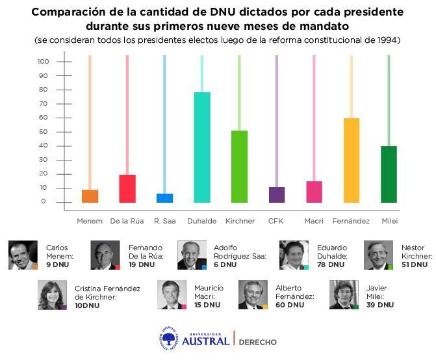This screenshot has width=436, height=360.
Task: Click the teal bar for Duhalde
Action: point(202,148)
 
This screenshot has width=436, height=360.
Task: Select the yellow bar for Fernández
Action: point(352,161)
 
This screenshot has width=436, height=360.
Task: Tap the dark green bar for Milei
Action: point(389,174)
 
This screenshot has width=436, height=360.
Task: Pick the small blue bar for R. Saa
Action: point(165,198)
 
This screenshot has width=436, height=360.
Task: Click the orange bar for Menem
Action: point(90,196)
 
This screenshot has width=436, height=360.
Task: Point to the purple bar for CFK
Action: point(277,195)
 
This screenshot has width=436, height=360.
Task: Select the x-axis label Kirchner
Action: point(240,221)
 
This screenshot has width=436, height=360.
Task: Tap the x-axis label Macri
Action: point(314,221)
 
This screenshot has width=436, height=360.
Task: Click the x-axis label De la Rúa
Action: point(127,221)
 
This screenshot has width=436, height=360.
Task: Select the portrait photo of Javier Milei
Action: point(344,294)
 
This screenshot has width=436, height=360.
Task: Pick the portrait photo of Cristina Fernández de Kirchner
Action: point(52,295)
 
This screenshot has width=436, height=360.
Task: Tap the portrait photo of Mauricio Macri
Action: point(172,294)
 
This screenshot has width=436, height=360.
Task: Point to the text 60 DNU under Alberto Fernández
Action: point(290,305)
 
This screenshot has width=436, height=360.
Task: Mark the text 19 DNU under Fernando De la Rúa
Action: point(142,265)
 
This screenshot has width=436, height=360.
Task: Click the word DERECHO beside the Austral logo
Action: point(258,342)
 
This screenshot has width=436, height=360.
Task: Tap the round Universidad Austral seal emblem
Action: point(170,339)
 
